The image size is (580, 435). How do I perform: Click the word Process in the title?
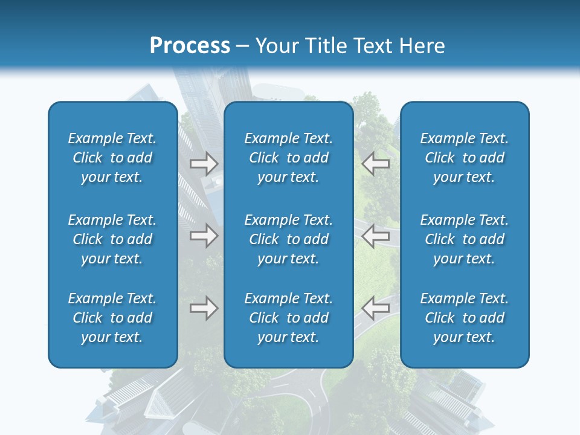point(190,46)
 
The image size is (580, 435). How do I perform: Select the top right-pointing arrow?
point(204,164)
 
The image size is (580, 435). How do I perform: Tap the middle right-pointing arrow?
point(204,236)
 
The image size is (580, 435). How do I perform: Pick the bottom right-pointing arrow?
point(204,308)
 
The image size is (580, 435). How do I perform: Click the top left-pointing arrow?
point(375,164)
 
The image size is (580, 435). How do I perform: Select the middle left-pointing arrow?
point(375,236)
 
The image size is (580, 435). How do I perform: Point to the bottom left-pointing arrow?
point(375,308)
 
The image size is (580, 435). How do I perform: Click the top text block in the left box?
point(112,158)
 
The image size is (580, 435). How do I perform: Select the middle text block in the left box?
point(112,239)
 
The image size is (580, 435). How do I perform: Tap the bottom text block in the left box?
point(112,318)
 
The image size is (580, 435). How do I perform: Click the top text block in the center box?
point(288,158)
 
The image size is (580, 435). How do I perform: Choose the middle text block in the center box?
point(288,239)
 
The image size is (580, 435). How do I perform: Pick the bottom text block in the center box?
point(288,318)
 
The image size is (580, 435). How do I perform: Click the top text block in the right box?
point(465,158)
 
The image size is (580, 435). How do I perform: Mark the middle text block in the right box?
point(465,239)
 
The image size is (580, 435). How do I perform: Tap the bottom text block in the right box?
point(465,318)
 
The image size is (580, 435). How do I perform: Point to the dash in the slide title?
point(242,47)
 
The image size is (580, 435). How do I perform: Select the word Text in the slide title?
point(373,46)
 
